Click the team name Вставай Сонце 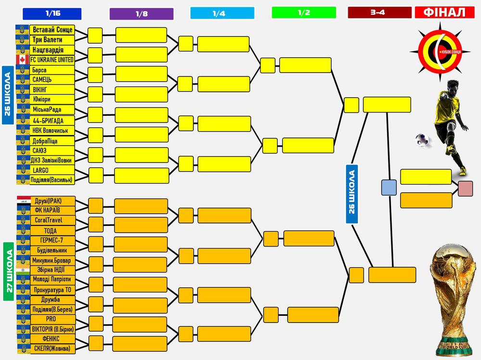click(x=52, y=30)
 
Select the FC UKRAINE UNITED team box click(x=52, y=60)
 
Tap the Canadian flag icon click(x=23, y=60)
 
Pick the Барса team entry click(x=52, y=70)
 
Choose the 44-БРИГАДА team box click(x=52, y=120)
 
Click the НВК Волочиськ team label click(x=52, y=130)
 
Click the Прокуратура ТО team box click(x=52, y=290)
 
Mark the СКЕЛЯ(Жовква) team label click(x=52, y=348)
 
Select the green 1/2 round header click(x=304, y=12)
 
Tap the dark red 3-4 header click(x=380, y=12)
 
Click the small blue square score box click(x=389, y=187)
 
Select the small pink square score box click(x=465, y=188)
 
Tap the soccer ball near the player click(x=423, y=139)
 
